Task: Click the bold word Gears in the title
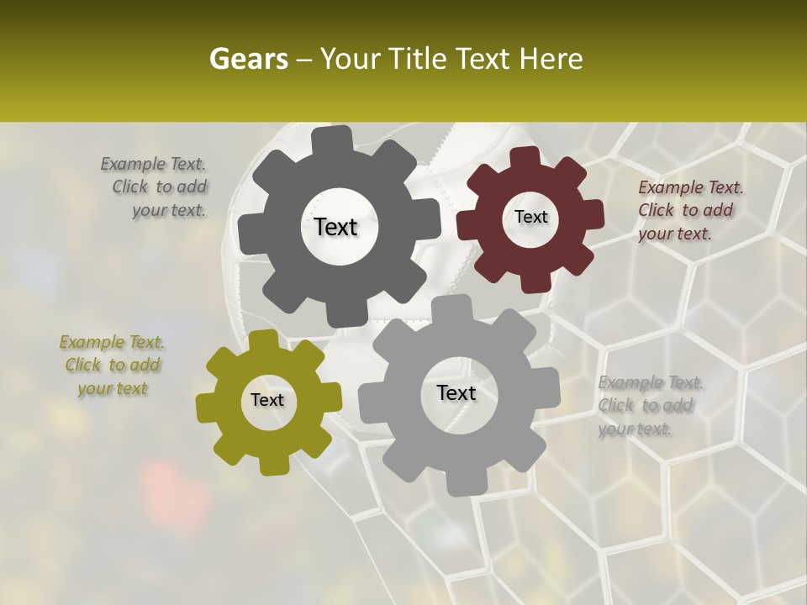pyautogui.click(x=246, y=59)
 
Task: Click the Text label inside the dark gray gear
pyautogui.click(x=336, y=227)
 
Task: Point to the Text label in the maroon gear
pyautogui.click(x=530, y=217)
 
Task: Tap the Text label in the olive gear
pyautogui.click(x=267, y=400)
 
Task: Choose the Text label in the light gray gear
pyautogui.click(x=456, y=392)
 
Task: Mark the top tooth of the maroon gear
pyautogui.click(x=526, y=156)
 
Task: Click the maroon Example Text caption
pyautogui.click(x=689, y=210)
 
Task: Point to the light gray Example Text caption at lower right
pyautogui.click(x=649, y=405)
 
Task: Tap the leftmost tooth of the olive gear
pyautogui.click(x=205, y=408)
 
